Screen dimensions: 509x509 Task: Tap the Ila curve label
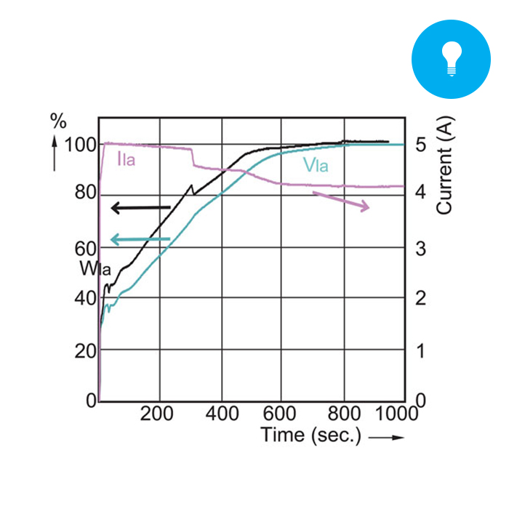(x=127, y=159)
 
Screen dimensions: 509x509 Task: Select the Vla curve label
(x=316, y=166)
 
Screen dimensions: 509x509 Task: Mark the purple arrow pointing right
(x=341, y=201)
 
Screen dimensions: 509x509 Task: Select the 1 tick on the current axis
(x=421, y=350)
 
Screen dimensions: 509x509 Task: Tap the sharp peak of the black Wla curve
(x=192, y=185)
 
